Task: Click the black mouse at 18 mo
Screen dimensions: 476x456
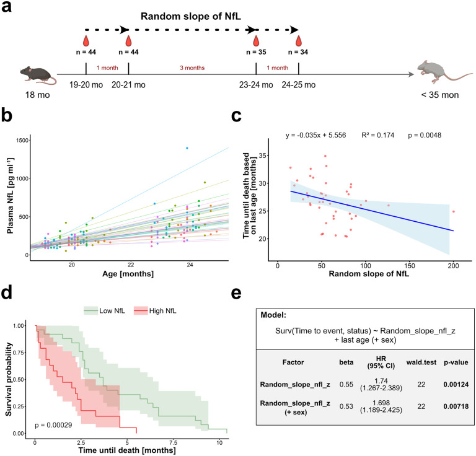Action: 38,74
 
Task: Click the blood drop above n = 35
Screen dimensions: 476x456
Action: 256,41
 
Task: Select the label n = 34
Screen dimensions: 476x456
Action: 298,52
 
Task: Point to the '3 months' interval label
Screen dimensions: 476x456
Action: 192,68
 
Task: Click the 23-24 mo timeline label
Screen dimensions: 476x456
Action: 256,85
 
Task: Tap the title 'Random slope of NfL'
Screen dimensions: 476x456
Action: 191,16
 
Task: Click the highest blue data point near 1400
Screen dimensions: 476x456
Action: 187,148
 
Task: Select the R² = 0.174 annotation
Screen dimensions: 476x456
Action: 377,135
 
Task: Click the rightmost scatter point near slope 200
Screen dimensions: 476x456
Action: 454,211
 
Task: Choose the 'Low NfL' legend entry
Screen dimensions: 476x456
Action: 104,310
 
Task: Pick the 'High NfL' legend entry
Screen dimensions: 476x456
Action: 155,310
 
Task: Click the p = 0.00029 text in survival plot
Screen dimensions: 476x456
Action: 53,425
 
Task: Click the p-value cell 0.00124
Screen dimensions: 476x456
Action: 456,384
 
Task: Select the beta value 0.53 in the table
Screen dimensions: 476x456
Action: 346,406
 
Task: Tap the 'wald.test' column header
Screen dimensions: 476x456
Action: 421,362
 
